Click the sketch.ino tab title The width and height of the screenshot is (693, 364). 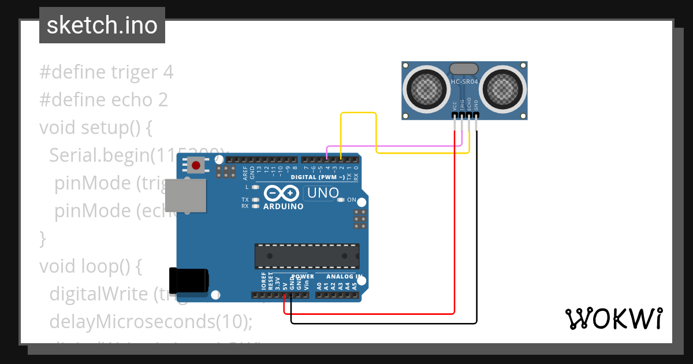[x=102, y=25]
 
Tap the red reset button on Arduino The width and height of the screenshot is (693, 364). [x=196, y=165]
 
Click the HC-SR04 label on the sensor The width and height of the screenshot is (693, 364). [x=464, y=83]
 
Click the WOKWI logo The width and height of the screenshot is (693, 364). [x=613, y=318]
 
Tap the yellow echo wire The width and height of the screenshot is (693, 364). [x=359, y=113]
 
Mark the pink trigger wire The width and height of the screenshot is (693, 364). [x=393, y=146]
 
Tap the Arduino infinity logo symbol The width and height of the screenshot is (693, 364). [x=282, y=193]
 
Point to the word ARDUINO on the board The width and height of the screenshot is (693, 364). [x=283, y=206]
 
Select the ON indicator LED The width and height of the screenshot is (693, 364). [x=341, y=200]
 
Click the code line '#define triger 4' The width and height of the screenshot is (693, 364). [x=106, y=72]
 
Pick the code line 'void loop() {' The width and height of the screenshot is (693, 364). [x=90, y=266]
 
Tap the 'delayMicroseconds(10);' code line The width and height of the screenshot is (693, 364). [x=151, y=321]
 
